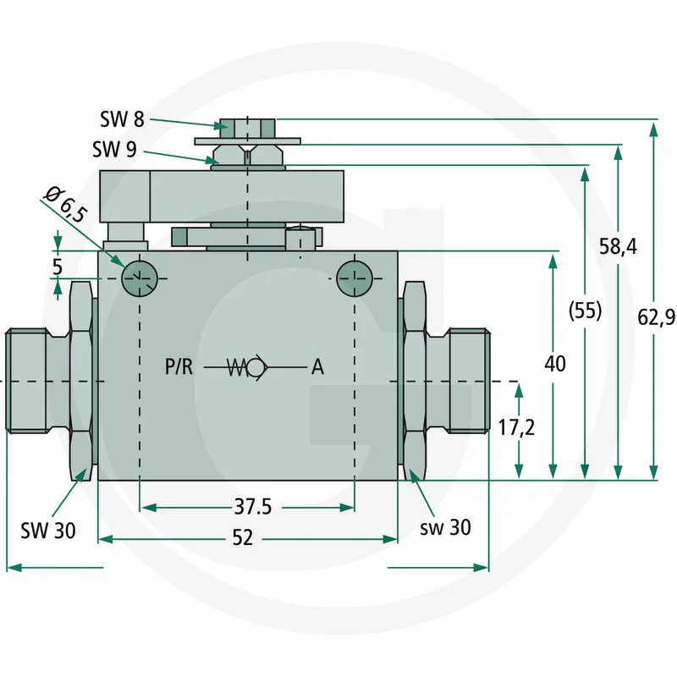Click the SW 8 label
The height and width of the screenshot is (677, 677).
[x=122, y=119]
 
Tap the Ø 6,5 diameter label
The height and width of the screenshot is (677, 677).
[x=64, y=204]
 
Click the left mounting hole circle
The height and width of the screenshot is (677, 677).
[x=138, y=278]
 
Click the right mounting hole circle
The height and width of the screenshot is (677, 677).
[x=353, y=278]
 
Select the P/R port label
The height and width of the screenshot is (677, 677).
[x=179, y=366]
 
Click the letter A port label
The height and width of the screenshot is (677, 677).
[x=317, y=366]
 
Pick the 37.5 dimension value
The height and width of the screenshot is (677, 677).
[x=253, y=508]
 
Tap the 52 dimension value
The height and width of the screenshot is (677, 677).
[x=242, y=539]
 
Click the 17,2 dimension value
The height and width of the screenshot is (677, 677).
[x=516, y=427]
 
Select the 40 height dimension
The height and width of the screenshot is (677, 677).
[x=555, y=365]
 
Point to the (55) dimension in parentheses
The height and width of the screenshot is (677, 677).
[x=585, y=311]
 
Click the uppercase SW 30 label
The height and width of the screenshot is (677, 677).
[x=48, y=531]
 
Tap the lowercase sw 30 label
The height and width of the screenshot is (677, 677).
[x=445, y=528]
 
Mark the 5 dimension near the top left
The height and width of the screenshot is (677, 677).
[x=57, y=265]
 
